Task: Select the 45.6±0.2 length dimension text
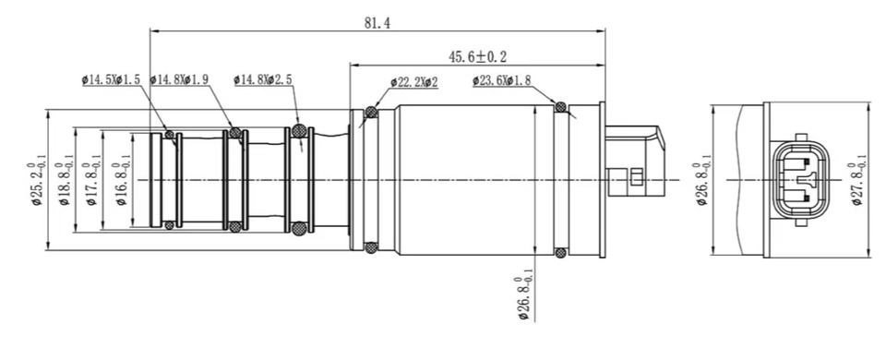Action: [477, 56]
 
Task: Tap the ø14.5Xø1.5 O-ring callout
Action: [111, 80]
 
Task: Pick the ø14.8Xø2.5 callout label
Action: [263, 80]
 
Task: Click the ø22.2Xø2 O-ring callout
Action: [414, 82]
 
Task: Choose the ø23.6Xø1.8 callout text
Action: [502, 81]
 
